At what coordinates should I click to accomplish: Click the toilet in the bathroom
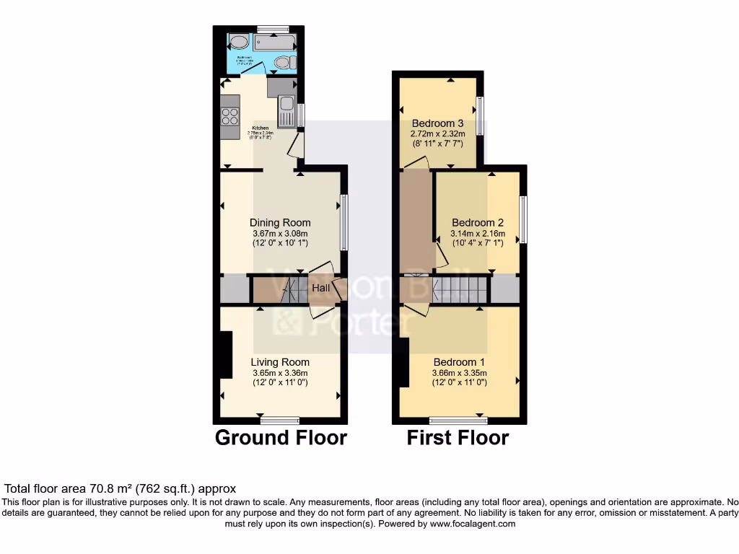coord(283,63)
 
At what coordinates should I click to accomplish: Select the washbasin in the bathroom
coord(239,43)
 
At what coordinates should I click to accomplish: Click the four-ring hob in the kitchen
coord(230,115)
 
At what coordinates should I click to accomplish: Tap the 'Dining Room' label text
coord(280,223)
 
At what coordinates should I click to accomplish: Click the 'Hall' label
coord(320,289)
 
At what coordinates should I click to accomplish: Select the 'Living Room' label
coord(280,362)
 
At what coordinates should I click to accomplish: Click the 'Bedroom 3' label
coord(437,123)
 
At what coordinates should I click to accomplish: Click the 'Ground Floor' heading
coord(281,438)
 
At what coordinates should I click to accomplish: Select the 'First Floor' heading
coord(458,438)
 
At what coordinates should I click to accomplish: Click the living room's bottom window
coord(280,420)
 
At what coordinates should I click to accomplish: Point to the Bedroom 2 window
coord(523,219)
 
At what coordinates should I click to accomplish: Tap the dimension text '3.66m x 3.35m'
coord(459,373)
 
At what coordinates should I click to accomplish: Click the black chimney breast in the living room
coord(225,355)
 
